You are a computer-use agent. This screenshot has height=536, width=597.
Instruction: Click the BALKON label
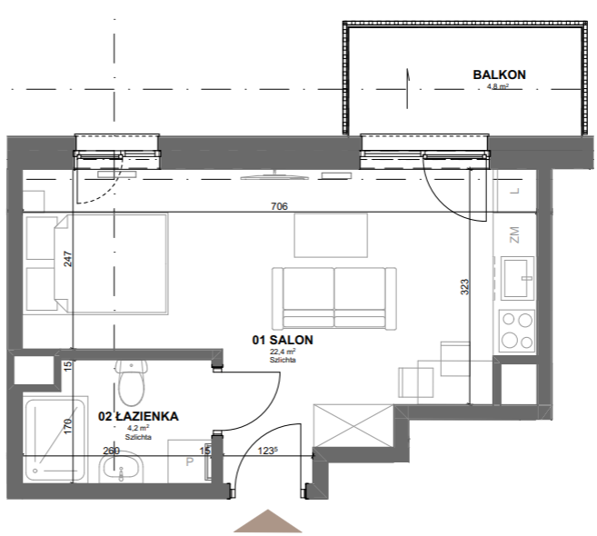coord(499,74)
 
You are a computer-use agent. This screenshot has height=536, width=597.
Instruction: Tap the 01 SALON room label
coord(283,340)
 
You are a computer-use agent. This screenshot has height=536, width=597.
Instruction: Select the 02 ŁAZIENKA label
coord(138,416)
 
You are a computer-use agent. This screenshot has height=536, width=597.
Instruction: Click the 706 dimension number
coord(279,206)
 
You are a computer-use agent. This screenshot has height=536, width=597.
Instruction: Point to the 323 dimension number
coord(465,287)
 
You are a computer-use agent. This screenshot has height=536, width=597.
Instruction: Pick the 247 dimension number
coord(67,259)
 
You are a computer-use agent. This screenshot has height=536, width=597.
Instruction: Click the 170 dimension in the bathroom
coord(67,426)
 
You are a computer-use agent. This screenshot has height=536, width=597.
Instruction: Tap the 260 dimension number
coord(111,451)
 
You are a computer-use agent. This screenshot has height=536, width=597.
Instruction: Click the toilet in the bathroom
coord(132,382)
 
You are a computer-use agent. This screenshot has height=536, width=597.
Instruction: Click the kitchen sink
coord(517,277)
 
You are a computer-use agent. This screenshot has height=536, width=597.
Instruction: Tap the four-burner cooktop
coord(517,331)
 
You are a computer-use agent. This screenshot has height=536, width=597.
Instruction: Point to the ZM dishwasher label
coord(514,235)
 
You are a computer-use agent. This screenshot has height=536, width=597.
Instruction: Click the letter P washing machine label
coord(190,462)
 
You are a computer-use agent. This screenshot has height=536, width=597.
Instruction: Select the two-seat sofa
coord(333,299)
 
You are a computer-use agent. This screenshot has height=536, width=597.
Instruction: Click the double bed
coord(95,264)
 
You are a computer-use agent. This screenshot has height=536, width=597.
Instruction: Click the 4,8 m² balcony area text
coord(498,86)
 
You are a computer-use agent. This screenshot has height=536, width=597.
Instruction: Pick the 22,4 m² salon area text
coord(283,352)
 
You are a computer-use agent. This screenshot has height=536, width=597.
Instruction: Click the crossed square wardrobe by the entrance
coord(353,425)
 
